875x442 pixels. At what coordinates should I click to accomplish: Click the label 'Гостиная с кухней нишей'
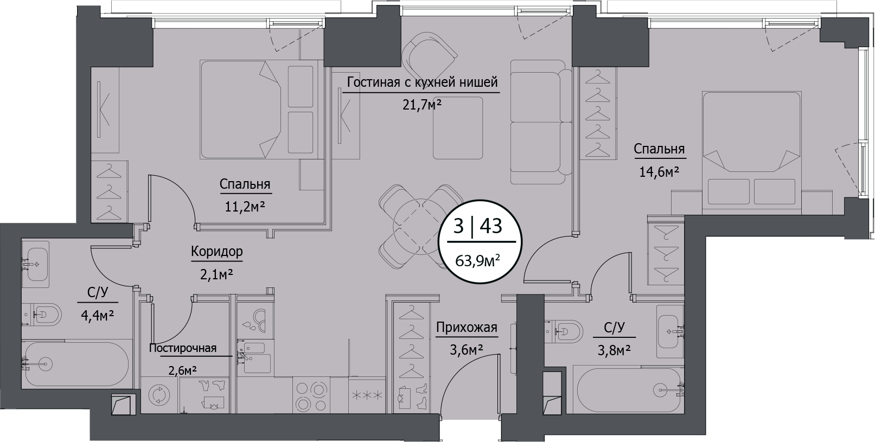coord(422,82)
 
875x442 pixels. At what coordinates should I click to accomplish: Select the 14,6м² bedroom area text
coord(659,172)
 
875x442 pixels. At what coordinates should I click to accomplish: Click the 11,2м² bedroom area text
coord(245,207)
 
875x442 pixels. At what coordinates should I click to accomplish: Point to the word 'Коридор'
coord(216,252)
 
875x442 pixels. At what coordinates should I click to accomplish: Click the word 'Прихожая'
coord(466,328)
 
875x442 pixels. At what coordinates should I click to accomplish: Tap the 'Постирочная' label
coord(183,348)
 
